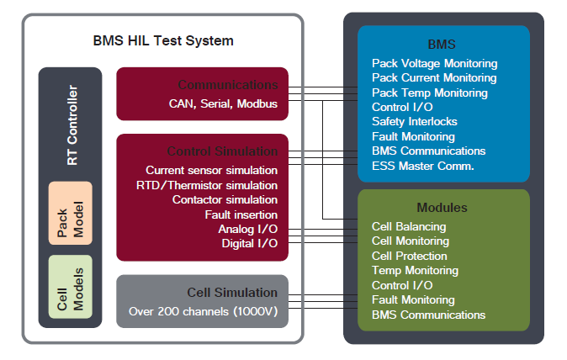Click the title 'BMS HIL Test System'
click(163, 40)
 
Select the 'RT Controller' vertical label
click(72, 125)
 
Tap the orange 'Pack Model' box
click(71, 213)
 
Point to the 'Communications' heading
click(227, 85)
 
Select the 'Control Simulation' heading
click(222, 151)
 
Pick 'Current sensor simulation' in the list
click(211, 170)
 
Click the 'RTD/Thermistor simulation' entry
click(207, 184)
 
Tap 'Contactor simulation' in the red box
click(225, 199)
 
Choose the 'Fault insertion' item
click(241, 214)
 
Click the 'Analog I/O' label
click(247, 229)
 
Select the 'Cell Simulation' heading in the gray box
click(231, 293)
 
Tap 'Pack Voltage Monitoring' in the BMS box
click(434, 63)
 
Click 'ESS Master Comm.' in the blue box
click(423, 166)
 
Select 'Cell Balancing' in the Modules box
click(409, 226)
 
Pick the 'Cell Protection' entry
click(410, 256)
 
